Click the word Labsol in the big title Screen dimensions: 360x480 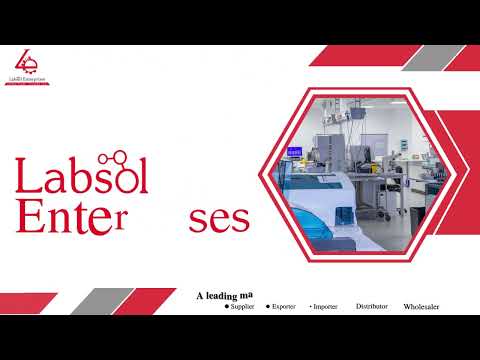pos(80,177)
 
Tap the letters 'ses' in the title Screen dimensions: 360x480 pos(220,219)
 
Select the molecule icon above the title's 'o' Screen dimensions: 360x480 pos(126,158)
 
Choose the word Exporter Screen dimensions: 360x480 pos(290,306)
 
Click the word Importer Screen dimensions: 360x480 pos(326,306)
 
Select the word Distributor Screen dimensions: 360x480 pos(372,306)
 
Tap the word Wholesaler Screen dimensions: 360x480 pos(421,306)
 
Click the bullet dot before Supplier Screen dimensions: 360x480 pos(226,306)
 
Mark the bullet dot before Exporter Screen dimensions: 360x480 pos(268,306)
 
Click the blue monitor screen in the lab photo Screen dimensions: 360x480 pos(294,152)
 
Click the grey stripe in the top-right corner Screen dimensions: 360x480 pos(419,58)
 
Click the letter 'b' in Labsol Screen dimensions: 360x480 pos(78,177)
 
